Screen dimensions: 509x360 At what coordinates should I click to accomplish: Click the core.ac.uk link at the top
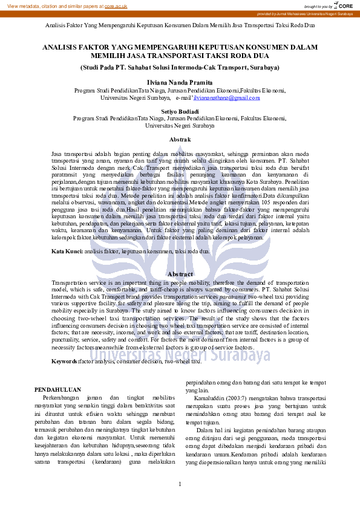coord(116,5)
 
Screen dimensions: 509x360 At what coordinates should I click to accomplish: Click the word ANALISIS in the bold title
coord(61,46)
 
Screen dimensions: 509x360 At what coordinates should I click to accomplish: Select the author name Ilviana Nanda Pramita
coord(180,80)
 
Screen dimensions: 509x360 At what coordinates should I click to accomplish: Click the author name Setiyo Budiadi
coord(180,111)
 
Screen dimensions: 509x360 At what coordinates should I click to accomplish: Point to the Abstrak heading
coord(180,140)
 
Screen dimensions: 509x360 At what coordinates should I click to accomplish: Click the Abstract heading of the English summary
coord(180,274)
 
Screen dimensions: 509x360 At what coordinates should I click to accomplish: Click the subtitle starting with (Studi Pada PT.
coord(180,67)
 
